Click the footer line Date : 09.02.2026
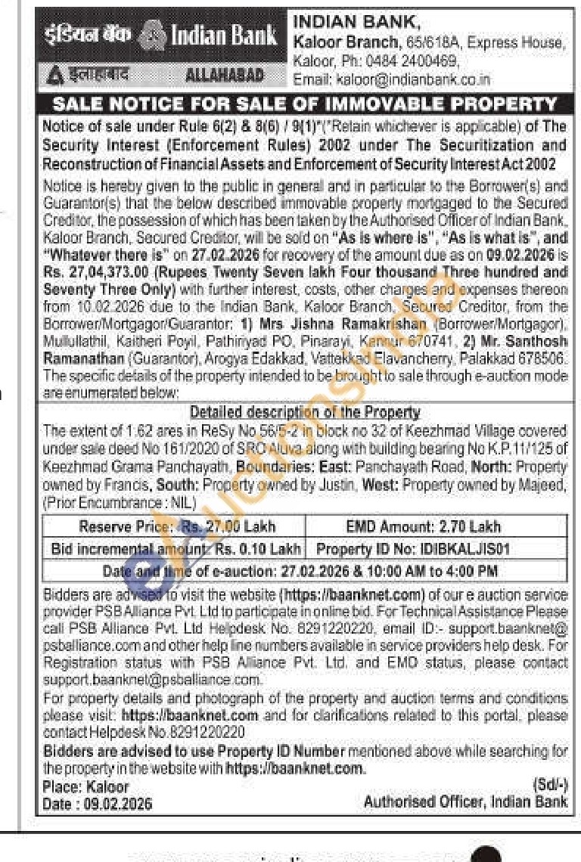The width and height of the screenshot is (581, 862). pos(98,804)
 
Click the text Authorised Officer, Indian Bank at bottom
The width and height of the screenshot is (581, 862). pos(465,802)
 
